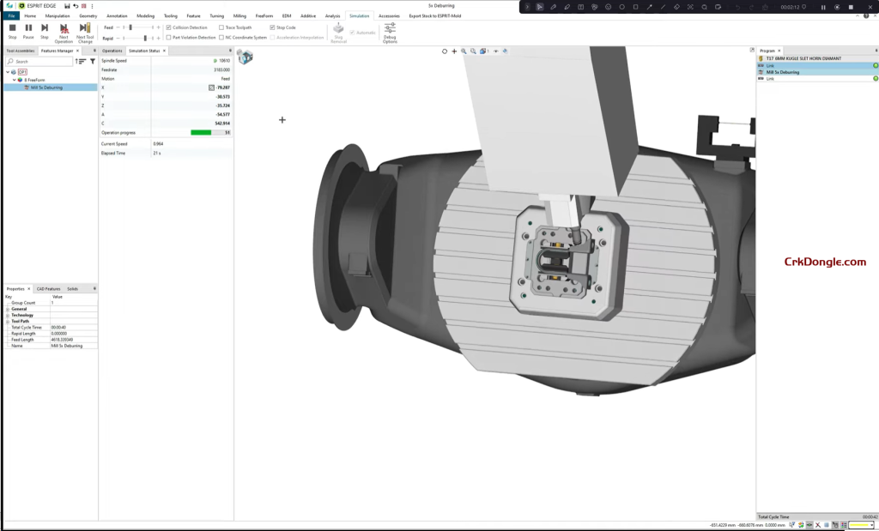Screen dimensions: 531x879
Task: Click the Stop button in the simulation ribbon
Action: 12,31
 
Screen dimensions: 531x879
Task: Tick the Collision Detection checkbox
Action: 169,27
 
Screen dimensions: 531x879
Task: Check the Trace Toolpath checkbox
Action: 221,27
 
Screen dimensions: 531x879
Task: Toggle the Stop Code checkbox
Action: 273,27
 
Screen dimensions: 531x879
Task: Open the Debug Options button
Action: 390,32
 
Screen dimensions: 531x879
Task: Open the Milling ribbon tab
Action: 239,15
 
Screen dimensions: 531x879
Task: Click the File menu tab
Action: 12,15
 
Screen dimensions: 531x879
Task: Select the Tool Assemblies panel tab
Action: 20,51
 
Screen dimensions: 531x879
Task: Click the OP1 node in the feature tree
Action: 22,72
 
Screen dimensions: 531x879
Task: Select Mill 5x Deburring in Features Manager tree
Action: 46,87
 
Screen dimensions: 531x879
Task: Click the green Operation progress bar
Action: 201,133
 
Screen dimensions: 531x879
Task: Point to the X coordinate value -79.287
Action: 222,87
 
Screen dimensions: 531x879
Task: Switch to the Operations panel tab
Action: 112,51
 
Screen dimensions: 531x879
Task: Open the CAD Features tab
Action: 48,289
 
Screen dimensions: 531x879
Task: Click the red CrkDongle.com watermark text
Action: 825,262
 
